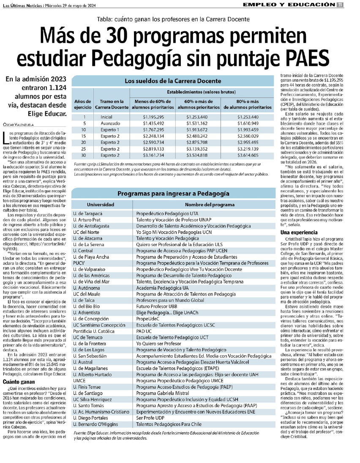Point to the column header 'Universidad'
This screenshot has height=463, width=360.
click(101, 205)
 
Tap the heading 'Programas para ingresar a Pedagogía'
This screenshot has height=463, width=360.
click(173, 193)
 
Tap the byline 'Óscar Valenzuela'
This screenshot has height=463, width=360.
click(18, 124)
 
